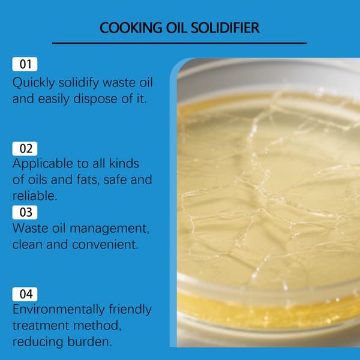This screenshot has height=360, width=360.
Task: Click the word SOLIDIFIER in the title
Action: pyautogui.click(x=225, y=28)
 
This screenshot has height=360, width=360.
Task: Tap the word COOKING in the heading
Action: pyautogui.click(x=131, y=28)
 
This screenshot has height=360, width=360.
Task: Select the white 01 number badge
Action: pyautogui.click(x=25, y=64)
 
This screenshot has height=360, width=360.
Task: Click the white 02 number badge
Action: pyautogui.click(x=25, y=149)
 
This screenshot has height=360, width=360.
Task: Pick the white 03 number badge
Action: pyautogui.click(x=25, y=212)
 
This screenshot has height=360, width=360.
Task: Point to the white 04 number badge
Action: pyautogui.click(x=25, y=294)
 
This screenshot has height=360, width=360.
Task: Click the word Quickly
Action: pyautogui.click(x=34, y=83)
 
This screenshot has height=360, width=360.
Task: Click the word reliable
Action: pyautogui.click(x=35, y=196)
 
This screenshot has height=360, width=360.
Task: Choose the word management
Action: pyautogui.click(x=109, y=229)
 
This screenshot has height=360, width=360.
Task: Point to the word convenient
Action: pyautogui.click(x=106, y=245)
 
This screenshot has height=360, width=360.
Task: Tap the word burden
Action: pyautogui.click(x=89, y=341)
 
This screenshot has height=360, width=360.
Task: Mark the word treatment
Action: pyautogui.click(x=41, y=326)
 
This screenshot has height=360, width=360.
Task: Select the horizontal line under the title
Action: pyautogui.click(x=179, y=43)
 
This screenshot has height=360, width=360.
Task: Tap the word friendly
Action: pyautogui.click(x=130, y=310)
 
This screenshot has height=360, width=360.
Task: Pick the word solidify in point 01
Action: pyautogui.click(x=79, y=83)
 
